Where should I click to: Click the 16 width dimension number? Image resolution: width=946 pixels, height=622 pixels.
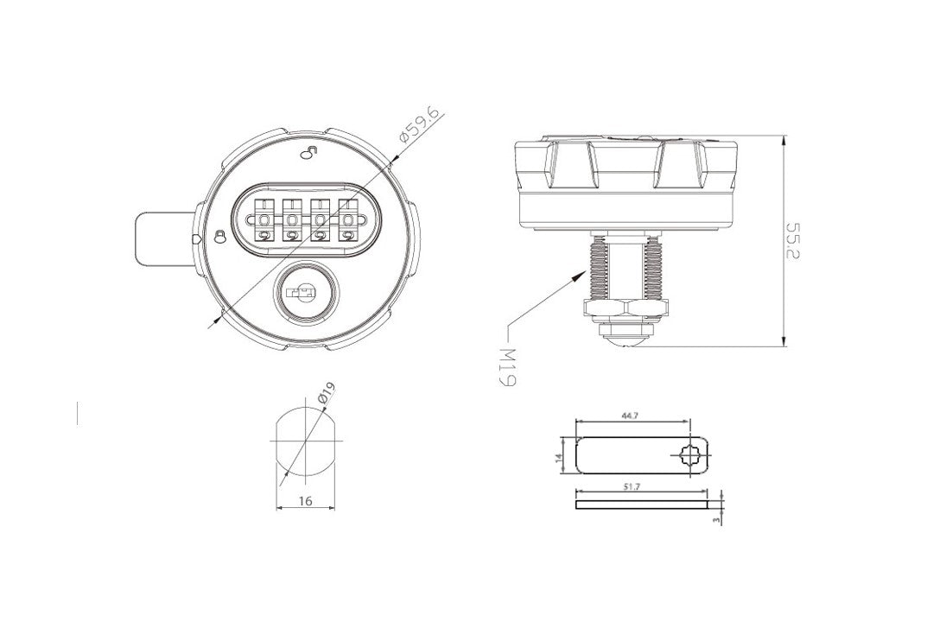pyautogui.click(x=305, y=501)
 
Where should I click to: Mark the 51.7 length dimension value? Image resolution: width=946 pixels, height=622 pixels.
pyautogui.click(x=633, y=487)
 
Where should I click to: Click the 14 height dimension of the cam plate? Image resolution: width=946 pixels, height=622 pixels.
pyautogui.click(x=559, y=458)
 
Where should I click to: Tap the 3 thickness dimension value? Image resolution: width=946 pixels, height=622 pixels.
pyautogui.click(x=717, y=519)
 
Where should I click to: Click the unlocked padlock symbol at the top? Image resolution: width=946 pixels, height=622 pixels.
pyautogui.click(x=308, y=152)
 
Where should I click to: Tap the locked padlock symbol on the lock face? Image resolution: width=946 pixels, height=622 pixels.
pyautogui.click(x=221, y=237)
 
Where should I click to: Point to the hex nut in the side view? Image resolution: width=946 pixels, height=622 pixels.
pyautogui.click(x=626, y=308)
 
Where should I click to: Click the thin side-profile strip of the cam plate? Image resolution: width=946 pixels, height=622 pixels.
pyautogui.click(x=642, y=505)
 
